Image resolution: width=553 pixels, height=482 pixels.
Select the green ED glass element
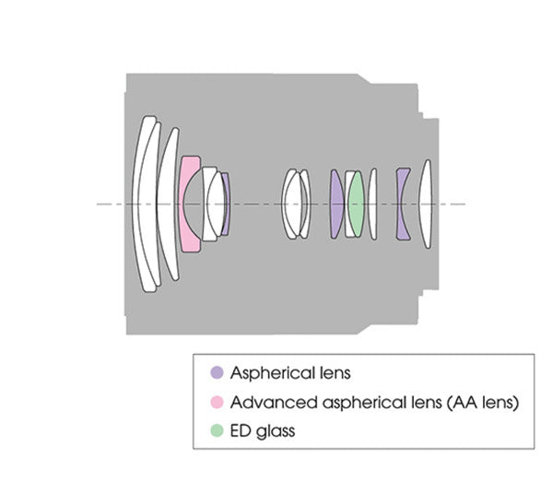click(x=356, y=204)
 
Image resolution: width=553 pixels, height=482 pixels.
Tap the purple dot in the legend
click(x=217, y=372)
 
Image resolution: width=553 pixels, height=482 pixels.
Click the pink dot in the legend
click(x=217, y=402)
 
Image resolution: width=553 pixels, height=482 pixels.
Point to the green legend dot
click(x=217, y=430)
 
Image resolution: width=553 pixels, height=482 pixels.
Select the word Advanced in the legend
click(x=274, y=403)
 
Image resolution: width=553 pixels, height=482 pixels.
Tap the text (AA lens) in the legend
click(x=482, y=403)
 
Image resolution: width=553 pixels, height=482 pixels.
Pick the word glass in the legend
click(x=276, y=431)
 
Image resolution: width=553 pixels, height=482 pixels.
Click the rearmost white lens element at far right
click(x=425, y=205)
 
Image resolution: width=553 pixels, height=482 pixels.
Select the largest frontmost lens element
click(x=145, y=204)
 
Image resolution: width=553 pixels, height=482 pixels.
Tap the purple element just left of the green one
click(x=336, y=204)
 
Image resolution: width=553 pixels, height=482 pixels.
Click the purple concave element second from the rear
click(x=402, y=205)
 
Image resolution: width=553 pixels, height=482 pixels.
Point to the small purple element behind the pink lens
click(x=226, y=204)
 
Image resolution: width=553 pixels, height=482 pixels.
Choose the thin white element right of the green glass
click(x=372, y=205)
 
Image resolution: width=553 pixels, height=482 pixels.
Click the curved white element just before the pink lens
click(x=169, y=204)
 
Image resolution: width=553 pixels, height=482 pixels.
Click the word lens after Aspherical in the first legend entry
click(x=335, y=373)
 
